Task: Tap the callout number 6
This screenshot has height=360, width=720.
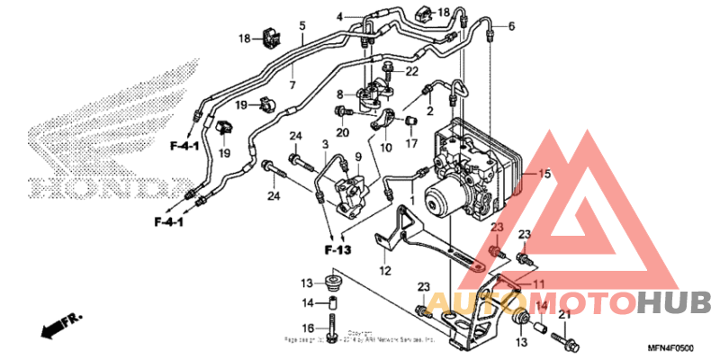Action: tap(511, 26)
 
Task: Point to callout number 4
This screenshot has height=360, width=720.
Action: tap(341, 17)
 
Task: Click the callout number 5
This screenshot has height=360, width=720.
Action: tap(302, 25)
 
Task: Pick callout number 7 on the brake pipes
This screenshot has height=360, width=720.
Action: tap(292, 85)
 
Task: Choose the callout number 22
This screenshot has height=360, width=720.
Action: tap(412, 71)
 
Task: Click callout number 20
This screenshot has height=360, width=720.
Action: tap(342, 133)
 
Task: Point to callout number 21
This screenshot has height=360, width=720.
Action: tap(564, 315)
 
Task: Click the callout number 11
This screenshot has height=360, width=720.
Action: tap(540, 285)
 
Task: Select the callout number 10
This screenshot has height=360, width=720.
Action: tap(385, 148)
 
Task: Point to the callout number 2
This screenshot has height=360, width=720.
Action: tap(430, 111)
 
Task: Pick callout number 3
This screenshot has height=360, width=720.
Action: tap(324, 144)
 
